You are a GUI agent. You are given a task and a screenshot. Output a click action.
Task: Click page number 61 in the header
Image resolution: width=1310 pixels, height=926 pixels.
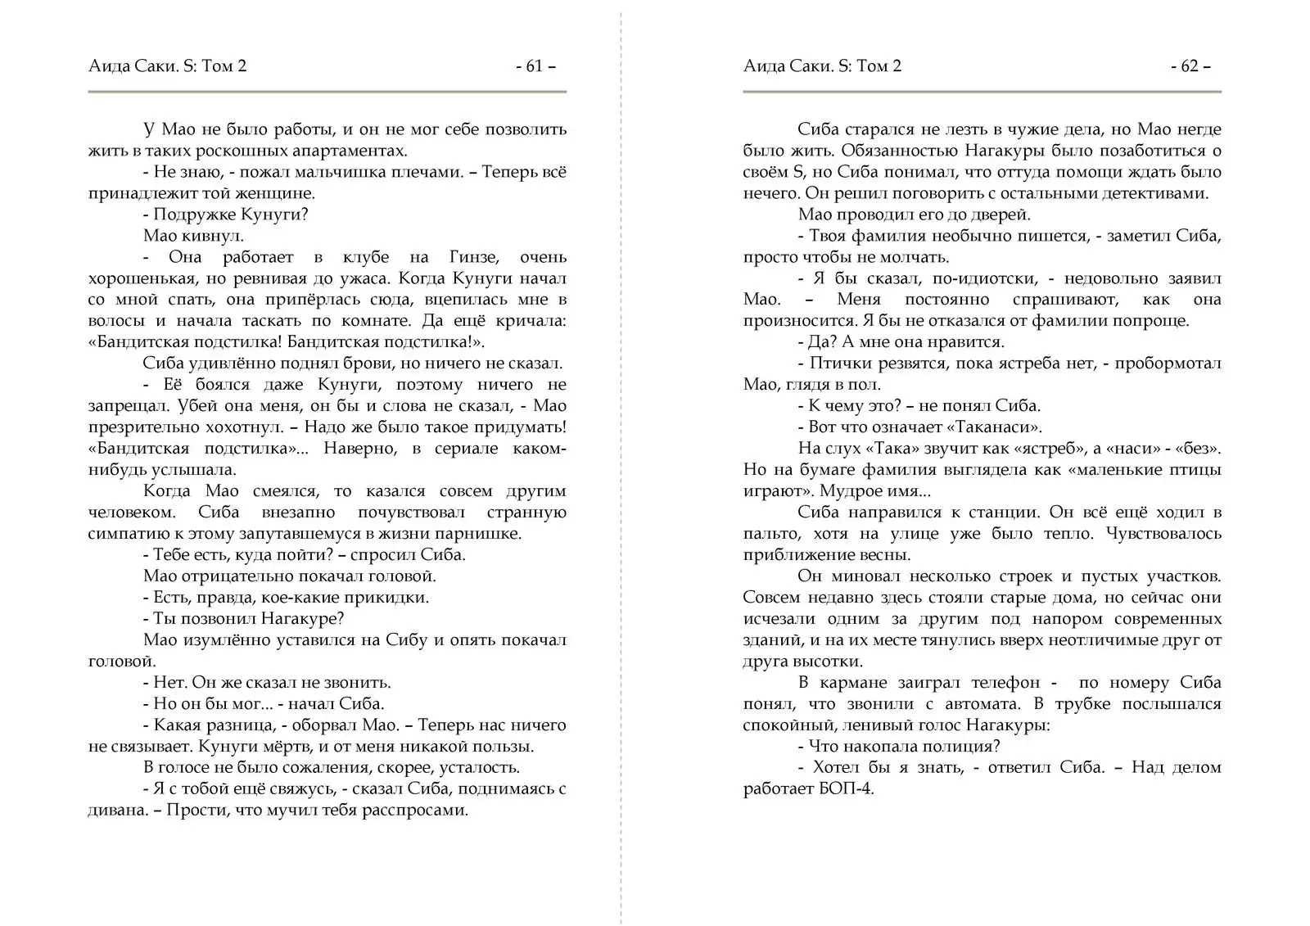tap(535, 66)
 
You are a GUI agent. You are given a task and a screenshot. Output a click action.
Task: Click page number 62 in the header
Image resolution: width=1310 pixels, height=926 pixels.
tap(1190, 66)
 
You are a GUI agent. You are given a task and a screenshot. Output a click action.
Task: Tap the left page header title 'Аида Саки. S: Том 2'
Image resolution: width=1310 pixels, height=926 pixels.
tap(167, 66)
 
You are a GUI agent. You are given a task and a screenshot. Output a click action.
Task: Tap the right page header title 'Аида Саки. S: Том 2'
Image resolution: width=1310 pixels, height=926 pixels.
tap(822, 66)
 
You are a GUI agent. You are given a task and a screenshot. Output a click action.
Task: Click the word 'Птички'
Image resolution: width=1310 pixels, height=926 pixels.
tap(835, 364)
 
